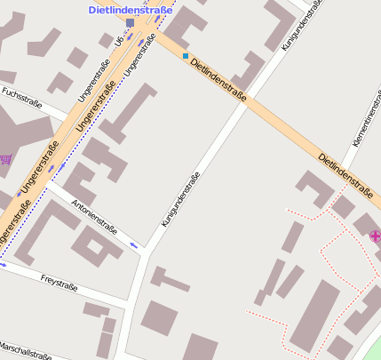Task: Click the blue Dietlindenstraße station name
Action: pyautogui.click(x=130, y=9)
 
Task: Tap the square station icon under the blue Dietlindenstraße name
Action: pyautogui.click(x=131, y=23)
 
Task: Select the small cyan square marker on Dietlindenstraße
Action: pyautogui.click(x=186, y=56)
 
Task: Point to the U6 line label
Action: pyautogui.click(x=119, y=41)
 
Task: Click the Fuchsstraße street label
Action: pyautogui.click(x=23, y=93)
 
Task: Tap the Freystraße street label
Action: pyautogui.click(x=59, y=283)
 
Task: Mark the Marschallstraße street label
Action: pyautogui.click(x=25, y=349)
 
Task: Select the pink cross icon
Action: pyautogui.click(x=375, y=236)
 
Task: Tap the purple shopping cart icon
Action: pyautogui.click(x=6, y=159)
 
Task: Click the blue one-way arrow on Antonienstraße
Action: pyautogui.click(x=134, y=244)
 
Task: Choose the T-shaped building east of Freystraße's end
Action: pyautogui.click(x=169, y=280)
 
